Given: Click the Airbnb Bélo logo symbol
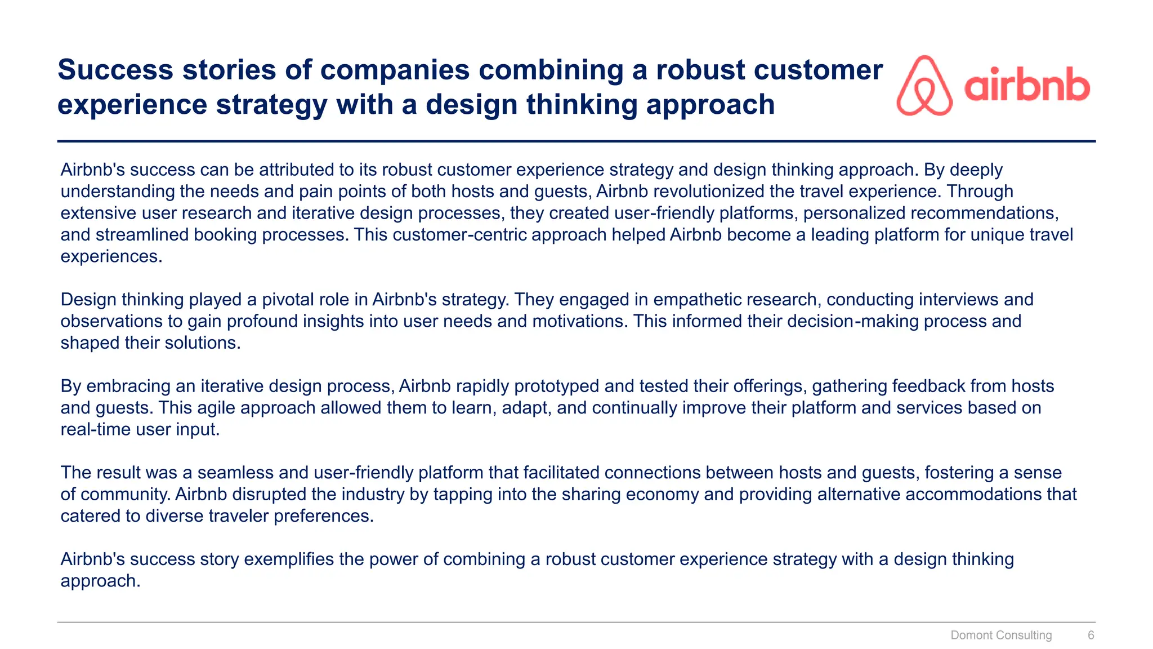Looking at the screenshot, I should pyautogui.click(x=924, y=86).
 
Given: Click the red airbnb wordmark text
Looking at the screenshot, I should pyautogui.click(x=1027, y=86).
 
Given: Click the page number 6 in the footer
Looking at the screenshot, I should pyautogui.click(x=1091, y=635).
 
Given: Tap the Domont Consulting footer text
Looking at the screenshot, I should pyautogui.click(x=1001, y=635).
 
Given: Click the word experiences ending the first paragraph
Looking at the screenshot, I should pyautogui.click(x=111, y=257).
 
